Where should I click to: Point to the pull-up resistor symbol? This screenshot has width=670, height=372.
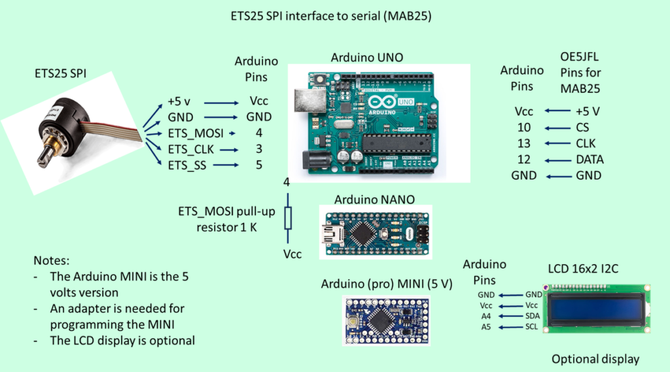[x=287, y=217]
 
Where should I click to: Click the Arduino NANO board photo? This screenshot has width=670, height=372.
[x=374, y=232]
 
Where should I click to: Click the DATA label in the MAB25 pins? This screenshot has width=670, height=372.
[x=588, y=160]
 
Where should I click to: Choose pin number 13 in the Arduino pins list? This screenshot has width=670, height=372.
[x=523, y=144]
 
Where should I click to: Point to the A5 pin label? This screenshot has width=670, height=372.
[x=485, y=326]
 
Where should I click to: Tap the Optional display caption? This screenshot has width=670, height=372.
[x=595, y=359]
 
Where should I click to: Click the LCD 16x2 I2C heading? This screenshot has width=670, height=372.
[x=587, y=269]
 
